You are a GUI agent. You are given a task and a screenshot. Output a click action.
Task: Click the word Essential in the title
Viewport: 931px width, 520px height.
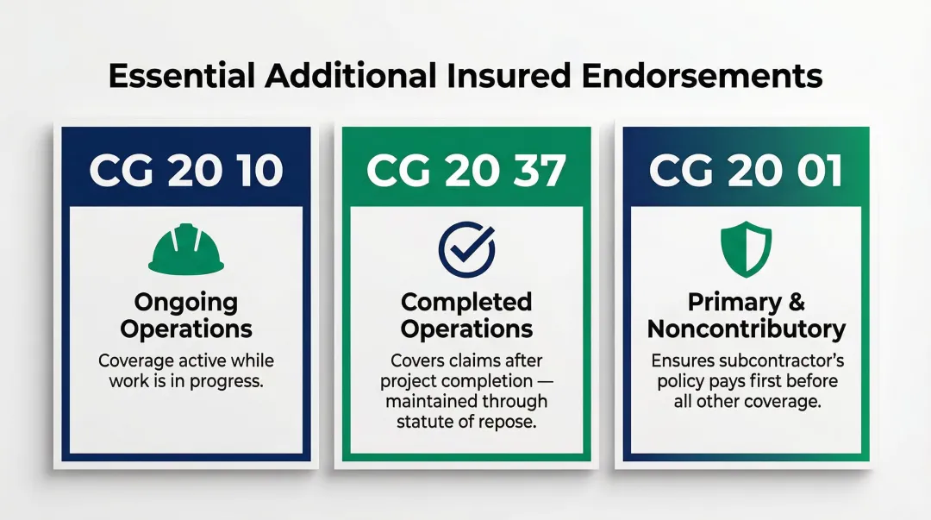click(x=181, y=76)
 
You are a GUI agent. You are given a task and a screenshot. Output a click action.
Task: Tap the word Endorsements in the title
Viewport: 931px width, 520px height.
click(x=702, y=76)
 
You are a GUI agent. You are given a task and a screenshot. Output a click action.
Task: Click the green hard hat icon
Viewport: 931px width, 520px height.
click(x=186, y=249)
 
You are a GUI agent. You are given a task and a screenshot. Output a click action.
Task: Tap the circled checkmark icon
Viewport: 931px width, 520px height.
click(x=466, y=248)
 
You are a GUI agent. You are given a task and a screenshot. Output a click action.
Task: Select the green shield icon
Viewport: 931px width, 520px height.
click(x=746, y=247)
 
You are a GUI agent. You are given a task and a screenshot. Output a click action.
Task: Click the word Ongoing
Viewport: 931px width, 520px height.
click(x=186, y=304)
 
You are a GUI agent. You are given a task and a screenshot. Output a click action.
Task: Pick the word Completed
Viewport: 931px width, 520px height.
click(x=466, y=303)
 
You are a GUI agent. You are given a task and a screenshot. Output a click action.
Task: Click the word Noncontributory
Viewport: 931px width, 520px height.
click(x=747, y=329)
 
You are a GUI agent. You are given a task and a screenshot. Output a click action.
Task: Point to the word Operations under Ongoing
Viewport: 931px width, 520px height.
click(x=186, y=329)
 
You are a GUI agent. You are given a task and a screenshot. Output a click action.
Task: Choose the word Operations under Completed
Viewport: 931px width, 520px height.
click(x=466, y=329)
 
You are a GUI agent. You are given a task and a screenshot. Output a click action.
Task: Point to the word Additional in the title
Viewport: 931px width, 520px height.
click(x=348, y=76)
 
